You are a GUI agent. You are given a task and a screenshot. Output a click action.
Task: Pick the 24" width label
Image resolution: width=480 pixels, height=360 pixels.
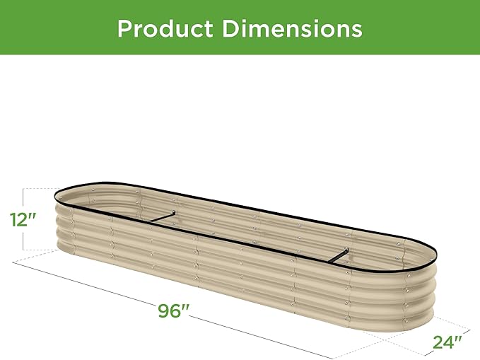coord(446,344)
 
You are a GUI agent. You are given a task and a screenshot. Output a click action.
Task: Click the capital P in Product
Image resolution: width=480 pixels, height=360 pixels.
coord(125,29)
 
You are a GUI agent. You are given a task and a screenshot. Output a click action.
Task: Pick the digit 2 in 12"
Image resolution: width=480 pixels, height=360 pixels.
coord(24,219)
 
